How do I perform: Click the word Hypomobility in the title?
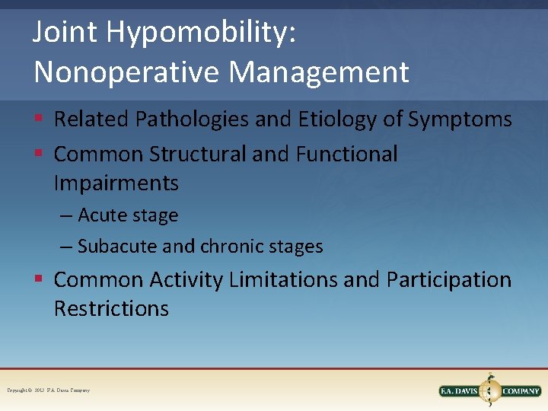point(202,33)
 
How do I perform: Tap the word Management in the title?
point(319,72)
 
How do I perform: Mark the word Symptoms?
point(460,119)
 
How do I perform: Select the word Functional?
point(346,154)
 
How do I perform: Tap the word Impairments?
point(116,183)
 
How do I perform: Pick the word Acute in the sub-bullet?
point(103,216)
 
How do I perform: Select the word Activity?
point(186,280)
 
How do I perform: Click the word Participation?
point(448,280)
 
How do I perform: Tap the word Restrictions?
point(111,309)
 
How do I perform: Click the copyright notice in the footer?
point(48,390)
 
